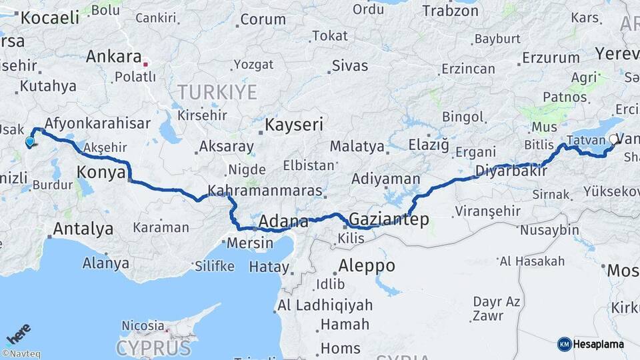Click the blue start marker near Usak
[29, 141]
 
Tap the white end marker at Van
[613, 139]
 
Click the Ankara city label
[113, 57]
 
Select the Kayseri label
[294, 125]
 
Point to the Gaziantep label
[389, 219]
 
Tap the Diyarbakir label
[511, 171]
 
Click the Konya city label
[101, 173]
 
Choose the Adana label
[283, 221]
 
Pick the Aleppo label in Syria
[367, 265]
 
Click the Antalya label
[83, 229]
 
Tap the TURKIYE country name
[217, 92]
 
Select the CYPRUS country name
[153, 347]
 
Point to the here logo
[19, 333]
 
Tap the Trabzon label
[451, 11]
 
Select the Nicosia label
[143, 326]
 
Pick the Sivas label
[350, 65]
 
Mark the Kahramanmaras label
[265, 191]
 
